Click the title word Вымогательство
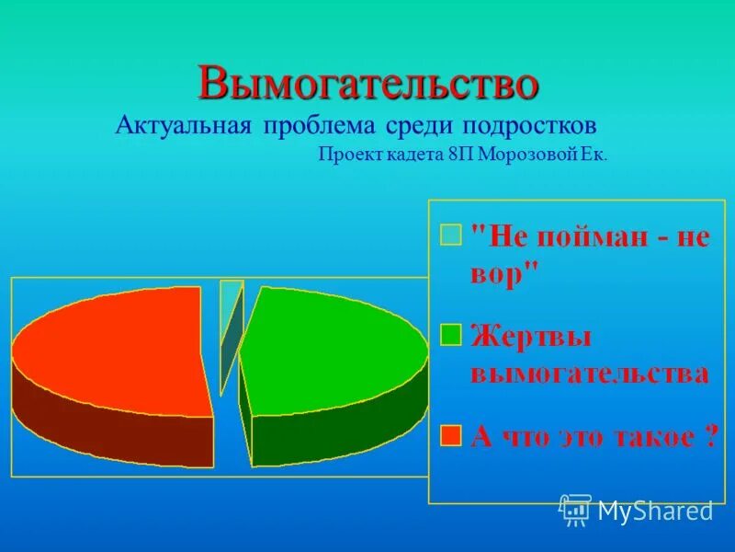pyautogui.click(x=367, y=84)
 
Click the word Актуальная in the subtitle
pyautogui.click(x=183, y=125)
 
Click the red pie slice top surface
pyautogui.click(x=110, y=350)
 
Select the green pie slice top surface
pyautogui.click(x=331, y=345)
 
